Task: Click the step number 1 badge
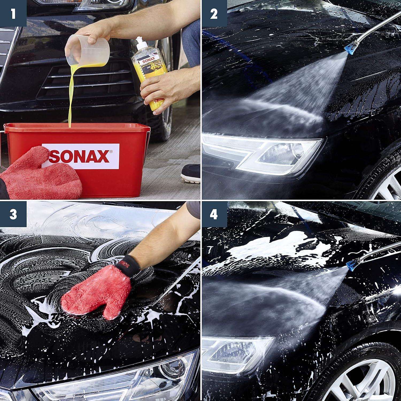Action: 13,13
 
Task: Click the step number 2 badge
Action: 214,13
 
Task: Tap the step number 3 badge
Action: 13,214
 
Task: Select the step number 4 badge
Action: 214,214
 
